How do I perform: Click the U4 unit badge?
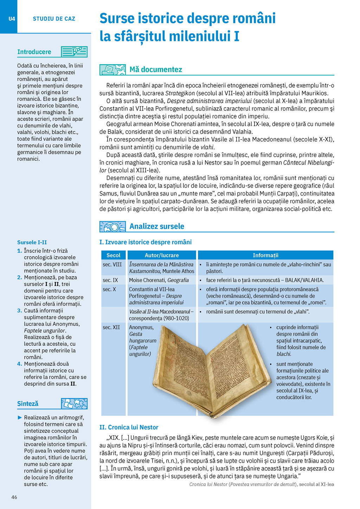(12, 19)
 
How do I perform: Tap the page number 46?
(14, 497)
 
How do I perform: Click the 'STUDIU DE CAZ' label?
(54, 19)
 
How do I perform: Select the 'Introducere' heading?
(34, 52)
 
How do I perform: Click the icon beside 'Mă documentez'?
(112, 70)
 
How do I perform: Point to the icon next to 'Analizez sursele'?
(112, 226)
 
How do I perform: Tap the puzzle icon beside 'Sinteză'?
(74, 404)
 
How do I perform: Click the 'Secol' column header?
(113, 255)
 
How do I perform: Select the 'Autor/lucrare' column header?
(162, 255)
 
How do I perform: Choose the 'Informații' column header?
(265, 255)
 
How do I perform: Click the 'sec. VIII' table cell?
(112, 264)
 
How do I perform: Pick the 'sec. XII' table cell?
(111, 327)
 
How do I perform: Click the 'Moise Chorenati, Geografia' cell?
(159, 280)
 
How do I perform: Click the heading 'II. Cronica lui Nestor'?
(129, 427)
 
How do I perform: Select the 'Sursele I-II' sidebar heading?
(32, 242)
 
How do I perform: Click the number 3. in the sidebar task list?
(19, 311)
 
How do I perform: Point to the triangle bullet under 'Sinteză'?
(20, 418)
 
